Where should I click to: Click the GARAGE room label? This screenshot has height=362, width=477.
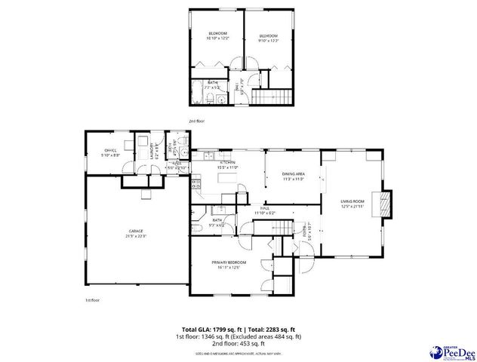(136, 233)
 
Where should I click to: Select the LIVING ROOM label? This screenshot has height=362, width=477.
(353, 203)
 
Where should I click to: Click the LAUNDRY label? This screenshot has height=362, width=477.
(152, 149)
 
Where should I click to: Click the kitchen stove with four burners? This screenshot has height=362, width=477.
(195, 183)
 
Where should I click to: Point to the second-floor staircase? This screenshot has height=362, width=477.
(272, 96)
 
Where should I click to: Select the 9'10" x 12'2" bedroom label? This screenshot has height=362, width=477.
(269, 38)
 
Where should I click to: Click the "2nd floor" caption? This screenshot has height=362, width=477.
(196, 121)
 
